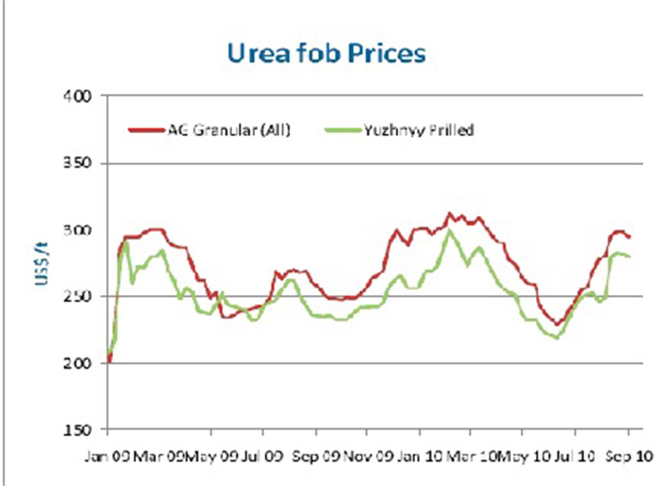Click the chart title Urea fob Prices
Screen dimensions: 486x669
click(x=326, y=53)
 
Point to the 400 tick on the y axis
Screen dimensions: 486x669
click(x=79, y=96)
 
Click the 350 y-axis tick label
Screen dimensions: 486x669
click(x=79, y=164)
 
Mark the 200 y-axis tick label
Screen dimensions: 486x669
click(x=79, y=363)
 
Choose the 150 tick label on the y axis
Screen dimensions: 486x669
click(x=79, y=430)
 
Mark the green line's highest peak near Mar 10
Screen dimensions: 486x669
click(x=448, y=230)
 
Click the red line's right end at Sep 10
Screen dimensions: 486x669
click(x=629, y=237)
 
